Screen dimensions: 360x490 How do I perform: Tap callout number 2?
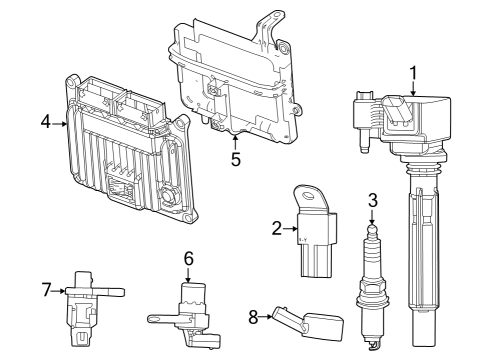[x=277, y=229]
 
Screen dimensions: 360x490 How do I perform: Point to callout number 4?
[x=46, y=123]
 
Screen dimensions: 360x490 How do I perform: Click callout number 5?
[x=235, y=158]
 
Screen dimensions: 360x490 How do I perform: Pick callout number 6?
[x=187, y=258]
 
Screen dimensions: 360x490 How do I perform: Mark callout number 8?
[x=254, y=317]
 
